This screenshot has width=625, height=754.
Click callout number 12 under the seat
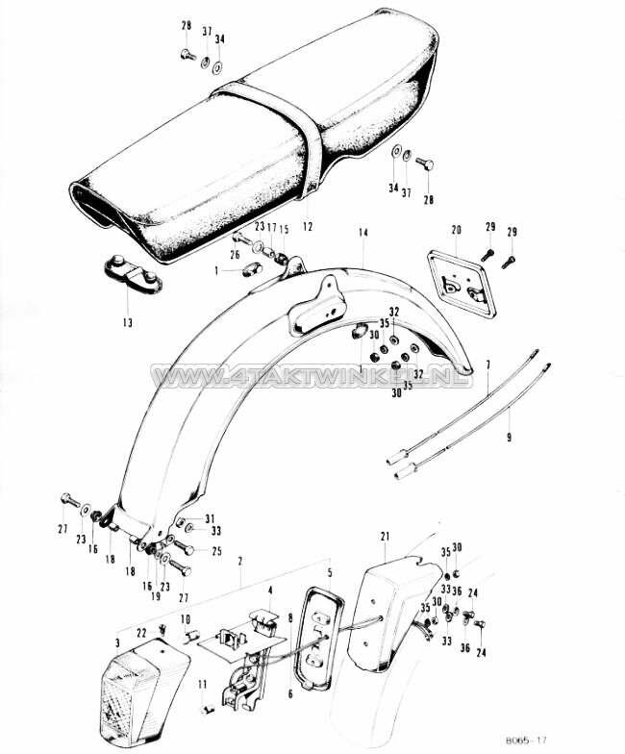click(x=308, y=227)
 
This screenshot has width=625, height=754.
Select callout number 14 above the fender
click(x=363, y=233)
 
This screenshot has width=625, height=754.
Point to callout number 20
click(x=456, y=230)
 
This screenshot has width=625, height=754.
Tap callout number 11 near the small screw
click(x=203, y=684)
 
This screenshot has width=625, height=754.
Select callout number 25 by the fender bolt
click(x=215, y=550)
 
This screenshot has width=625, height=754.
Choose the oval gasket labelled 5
click(x=319, y=640)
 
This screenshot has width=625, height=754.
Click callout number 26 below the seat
click(x=235, y=255)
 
